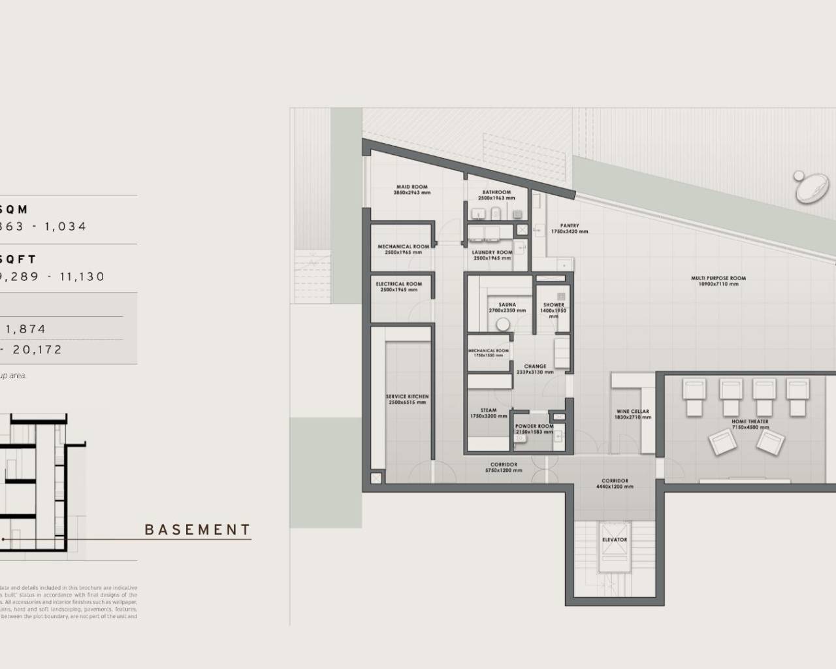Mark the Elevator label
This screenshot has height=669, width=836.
tap(614, 540)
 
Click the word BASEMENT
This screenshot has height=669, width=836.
tap(197, 530)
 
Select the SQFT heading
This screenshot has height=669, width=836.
tap(18, 259)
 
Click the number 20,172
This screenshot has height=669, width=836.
tap(37, 350)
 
